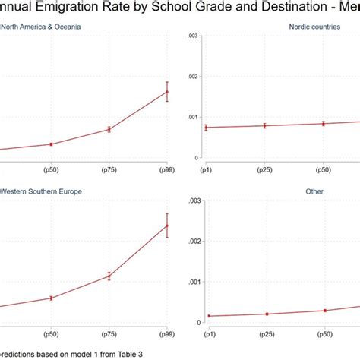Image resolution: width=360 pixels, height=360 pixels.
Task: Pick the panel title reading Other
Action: click(314, 191)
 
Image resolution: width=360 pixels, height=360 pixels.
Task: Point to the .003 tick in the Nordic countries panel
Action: click(193, 36)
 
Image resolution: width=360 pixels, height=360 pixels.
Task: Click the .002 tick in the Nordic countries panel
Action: click(193, 76)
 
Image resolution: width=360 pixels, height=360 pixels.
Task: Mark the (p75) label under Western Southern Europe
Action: click(109, 335)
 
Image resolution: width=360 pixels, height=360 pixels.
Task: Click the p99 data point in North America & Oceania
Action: click(167, 92)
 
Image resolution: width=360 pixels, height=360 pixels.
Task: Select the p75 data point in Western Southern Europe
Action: click(109, 276)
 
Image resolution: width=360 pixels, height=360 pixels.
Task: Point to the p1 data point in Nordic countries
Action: click(206, 128)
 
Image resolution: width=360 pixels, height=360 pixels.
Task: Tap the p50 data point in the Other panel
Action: click(324, 311)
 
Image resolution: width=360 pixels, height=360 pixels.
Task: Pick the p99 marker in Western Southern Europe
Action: click(167, 225)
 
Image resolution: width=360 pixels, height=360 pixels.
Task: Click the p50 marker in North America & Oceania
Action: click(51, 144)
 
